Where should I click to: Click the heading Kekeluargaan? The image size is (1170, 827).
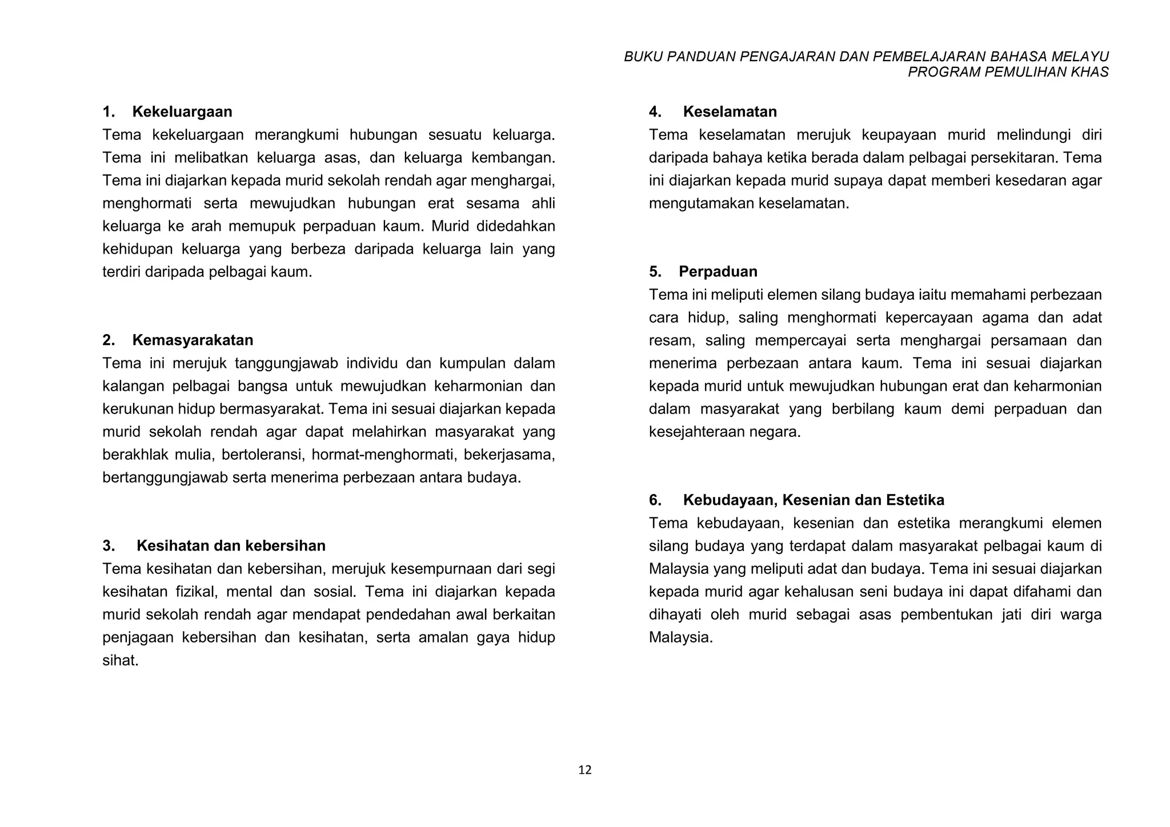click(182, 111)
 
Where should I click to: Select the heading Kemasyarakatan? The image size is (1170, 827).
click(193, 340)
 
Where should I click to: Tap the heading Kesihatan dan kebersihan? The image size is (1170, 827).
click(231, 545)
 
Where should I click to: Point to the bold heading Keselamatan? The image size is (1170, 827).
click(730, 111)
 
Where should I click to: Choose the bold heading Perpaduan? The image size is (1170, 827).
click(718, 271)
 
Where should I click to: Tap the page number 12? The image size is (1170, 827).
click(585, 770)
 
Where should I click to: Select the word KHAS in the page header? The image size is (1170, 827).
click(1092, 72)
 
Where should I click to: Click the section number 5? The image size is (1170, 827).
click(655, 271)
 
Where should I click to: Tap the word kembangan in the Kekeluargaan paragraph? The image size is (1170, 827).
click(513, 158)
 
